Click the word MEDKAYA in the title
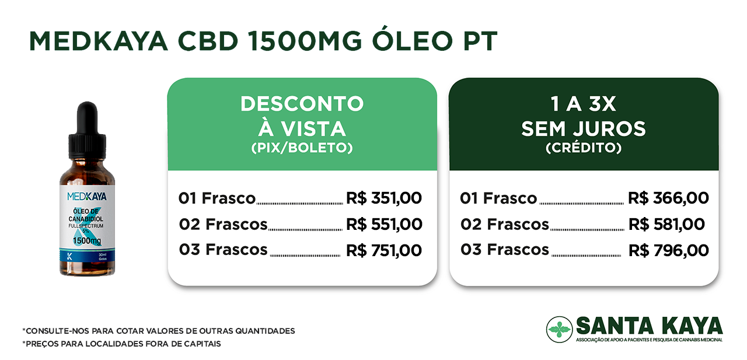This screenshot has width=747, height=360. [99, 41]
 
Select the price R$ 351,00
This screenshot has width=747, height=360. [384, 198]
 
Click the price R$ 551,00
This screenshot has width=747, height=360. [384, 224]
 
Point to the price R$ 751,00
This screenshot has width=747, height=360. [384, 251]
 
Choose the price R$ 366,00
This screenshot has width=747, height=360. [668, 198]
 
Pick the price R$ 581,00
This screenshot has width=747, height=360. [666, 224]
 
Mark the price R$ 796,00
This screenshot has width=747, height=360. [669, 251]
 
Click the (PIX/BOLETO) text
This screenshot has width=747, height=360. [302, 148]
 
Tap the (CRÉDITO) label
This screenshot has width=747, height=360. [584, 148]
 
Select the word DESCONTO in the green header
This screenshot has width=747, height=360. [302, 104]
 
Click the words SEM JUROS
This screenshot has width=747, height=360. [584, 129]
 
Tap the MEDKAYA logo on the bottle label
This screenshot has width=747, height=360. [87, 196]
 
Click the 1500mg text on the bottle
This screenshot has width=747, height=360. [87, 240]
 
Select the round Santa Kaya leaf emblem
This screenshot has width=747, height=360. [560, 329]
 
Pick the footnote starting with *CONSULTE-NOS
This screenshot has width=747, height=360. [159, 331]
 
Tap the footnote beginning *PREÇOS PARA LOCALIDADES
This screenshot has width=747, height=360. [122, 344]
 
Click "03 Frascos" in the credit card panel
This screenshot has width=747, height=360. [505, 250]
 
